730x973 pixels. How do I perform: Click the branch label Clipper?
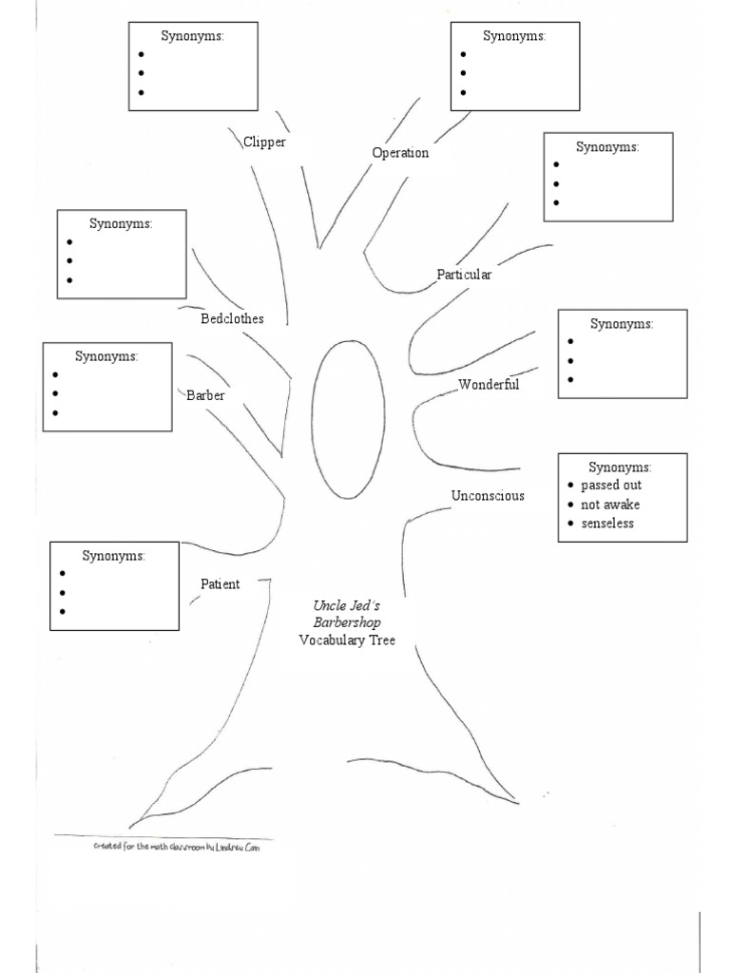coord(264,143)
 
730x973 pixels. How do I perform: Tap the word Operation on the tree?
coord(400,153)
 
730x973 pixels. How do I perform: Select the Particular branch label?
coord(464,275)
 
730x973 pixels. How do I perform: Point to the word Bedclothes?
coord(232,319)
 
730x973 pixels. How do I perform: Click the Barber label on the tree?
coord(205,395)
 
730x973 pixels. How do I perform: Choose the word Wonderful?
coord(489,385)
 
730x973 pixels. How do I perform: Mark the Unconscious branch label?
coord(488,496)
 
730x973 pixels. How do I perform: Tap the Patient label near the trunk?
coord(220,584)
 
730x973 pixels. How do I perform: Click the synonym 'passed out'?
coord(611,486)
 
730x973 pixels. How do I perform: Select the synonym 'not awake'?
coord(611,505)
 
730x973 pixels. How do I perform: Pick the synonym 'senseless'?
coord(607,524)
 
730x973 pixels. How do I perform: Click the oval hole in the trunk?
coord(349,419)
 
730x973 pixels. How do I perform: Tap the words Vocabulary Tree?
coord(347,640)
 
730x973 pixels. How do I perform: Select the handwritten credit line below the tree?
coord(176,846)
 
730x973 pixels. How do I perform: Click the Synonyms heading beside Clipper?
coord(193,36)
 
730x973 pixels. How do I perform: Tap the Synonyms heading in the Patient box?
coord(114,555)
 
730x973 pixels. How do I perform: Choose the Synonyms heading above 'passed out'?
coord(620,467)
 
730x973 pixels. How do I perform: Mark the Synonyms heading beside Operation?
coord(514,36)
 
